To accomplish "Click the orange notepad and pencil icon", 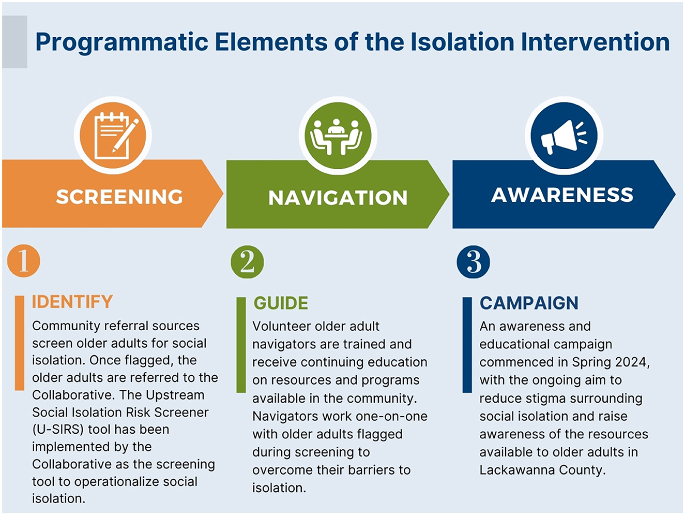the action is (x=113, y=136).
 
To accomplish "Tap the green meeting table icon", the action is (x=338, y=136).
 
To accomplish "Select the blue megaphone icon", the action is (x=564, y=136).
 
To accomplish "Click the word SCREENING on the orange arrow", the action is (x=119, y=197).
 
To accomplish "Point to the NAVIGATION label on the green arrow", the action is (x=338, y=198).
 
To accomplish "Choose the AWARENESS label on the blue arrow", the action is (x=562, y=195).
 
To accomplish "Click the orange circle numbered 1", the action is (x=24, y=261).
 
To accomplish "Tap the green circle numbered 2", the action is (x=247, y=262).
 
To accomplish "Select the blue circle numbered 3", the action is (x=473, y=262).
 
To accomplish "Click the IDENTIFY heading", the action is (x=72, y=302).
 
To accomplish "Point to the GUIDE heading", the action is (x=281, y=303).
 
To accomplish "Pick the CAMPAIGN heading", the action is (x=529, y=303).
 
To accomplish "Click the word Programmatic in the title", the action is (x=122, y=42).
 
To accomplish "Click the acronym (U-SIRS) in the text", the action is (x=58, y=430).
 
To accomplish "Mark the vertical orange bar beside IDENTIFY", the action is (x=20, y=343).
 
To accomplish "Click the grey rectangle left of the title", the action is (x=14, y=42).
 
